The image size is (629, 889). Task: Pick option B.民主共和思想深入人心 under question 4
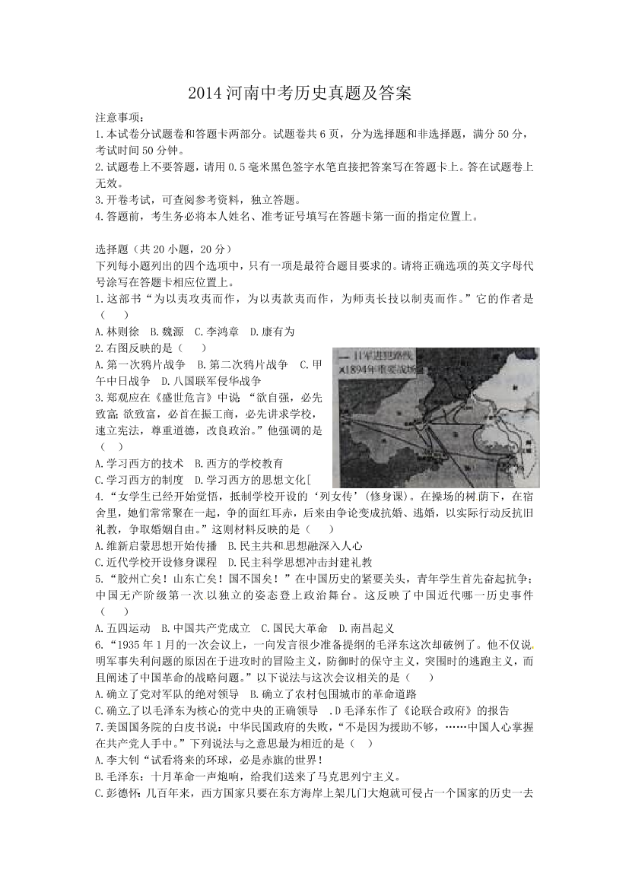(x=296, y=545)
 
